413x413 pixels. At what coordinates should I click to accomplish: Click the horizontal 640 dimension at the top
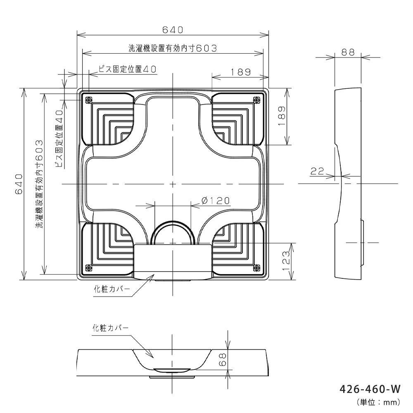pos(173,30)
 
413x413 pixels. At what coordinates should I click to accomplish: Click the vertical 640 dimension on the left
pos(19,184)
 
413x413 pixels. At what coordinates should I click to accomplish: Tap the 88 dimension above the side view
pos(348,52)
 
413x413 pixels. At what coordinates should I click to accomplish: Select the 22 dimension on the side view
pos(317,171)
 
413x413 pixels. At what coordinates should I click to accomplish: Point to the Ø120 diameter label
pos(216,201)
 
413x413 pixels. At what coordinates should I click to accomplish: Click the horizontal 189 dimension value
pos(241,72)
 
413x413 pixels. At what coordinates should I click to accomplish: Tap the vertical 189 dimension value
pos(282,116)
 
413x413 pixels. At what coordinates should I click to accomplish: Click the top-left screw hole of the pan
pos(88,100)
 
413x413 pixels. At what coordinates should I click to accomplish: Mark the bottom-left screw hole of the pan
pos(88,268)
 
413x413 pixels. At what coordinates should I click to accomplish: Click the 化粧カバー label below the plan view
pos(112,289)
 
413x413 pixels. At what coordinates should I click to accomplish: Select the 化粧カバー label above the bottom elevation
pos(111,328)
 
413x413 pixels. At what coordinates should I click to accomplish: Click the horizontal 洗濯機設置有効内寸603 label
pos(173,48)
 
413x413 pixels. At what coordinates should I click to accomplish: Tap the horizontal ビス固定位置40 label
pos(128,69)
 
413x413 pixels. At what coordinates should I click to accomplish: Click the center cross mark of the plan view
pos(173,184)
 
